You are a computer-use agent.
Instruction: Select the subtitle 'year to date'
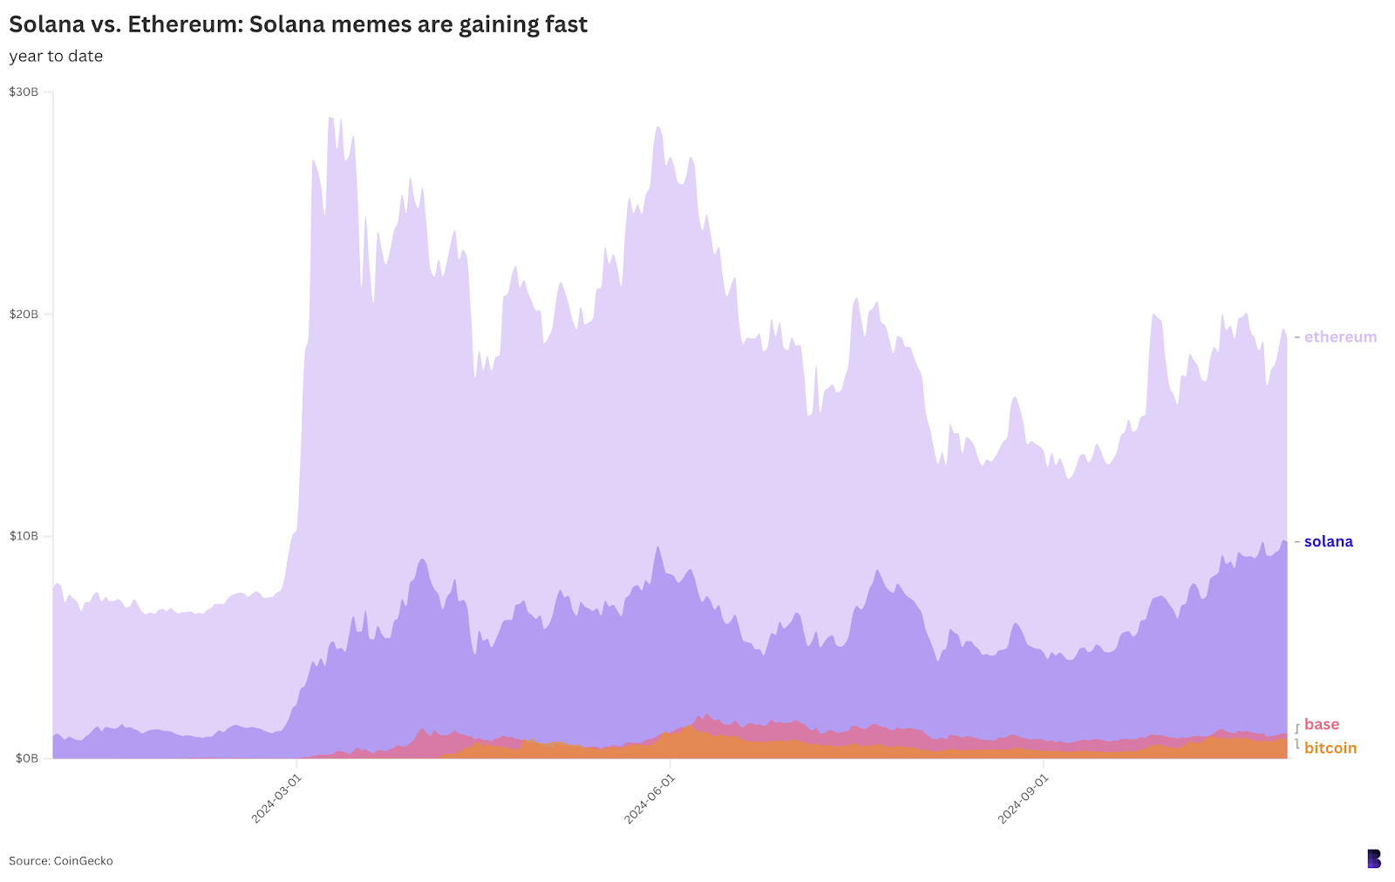56,57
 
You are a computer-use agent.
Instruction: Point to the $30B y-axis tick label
24,92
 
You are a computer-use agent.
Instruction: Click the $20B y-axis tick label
24,315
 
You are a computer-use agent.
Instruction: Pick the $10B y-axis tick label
24,536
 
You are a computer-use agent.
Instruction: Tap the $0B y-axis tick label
26,758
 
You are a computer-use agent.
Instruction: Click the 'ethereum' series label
1340,337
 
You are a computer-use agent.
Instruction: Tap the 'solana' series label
1328,542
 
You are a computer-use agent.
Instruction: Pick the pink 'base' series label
1321,724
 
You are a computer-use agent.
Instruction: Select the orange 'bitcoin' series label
1330,749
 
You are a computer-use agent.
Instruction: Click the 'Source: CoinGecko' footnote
61,861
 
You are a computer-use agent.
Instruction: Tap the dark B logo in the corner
1373,858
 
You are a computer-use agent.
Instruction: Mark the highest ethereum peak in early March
330,118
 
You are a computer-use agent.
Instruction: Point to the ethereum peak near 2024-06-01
658,127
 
